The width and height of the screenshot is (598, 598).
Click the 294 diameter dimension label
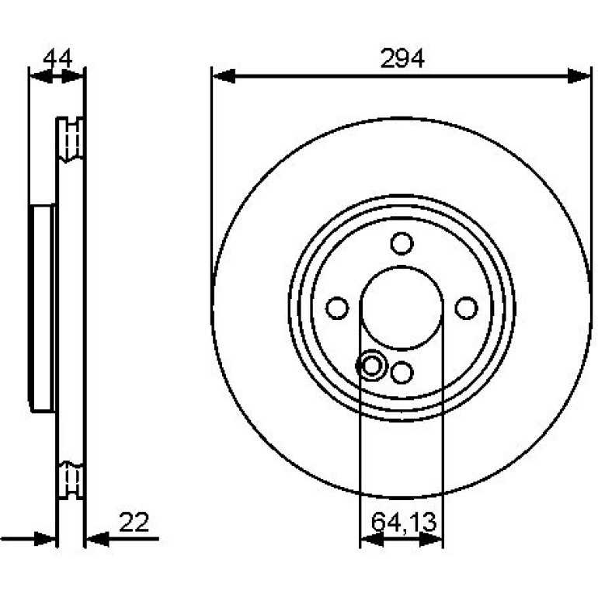pos(402,59)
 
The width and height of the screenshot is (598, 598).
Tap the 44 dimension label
pos(57,59)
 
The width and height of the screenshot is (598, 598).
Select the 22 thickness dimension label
pos(134,522)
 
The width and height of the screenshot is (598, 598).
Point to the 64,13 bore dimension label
pos(404,522)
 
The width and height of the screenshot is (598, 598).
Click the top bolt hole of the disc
pos(402,243)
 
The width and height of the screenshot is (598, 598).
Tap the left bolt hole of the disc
pos(338,308)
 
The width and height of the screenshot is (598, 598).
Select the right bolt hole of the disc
pos(467,308)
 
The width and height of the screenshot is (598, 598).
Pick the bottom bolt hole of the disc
pos(402,372)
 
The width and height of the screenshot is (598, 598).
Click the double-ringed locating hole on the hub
pos(370,365)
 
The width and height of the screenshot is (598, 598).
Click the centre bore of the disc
pos(402,308)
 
